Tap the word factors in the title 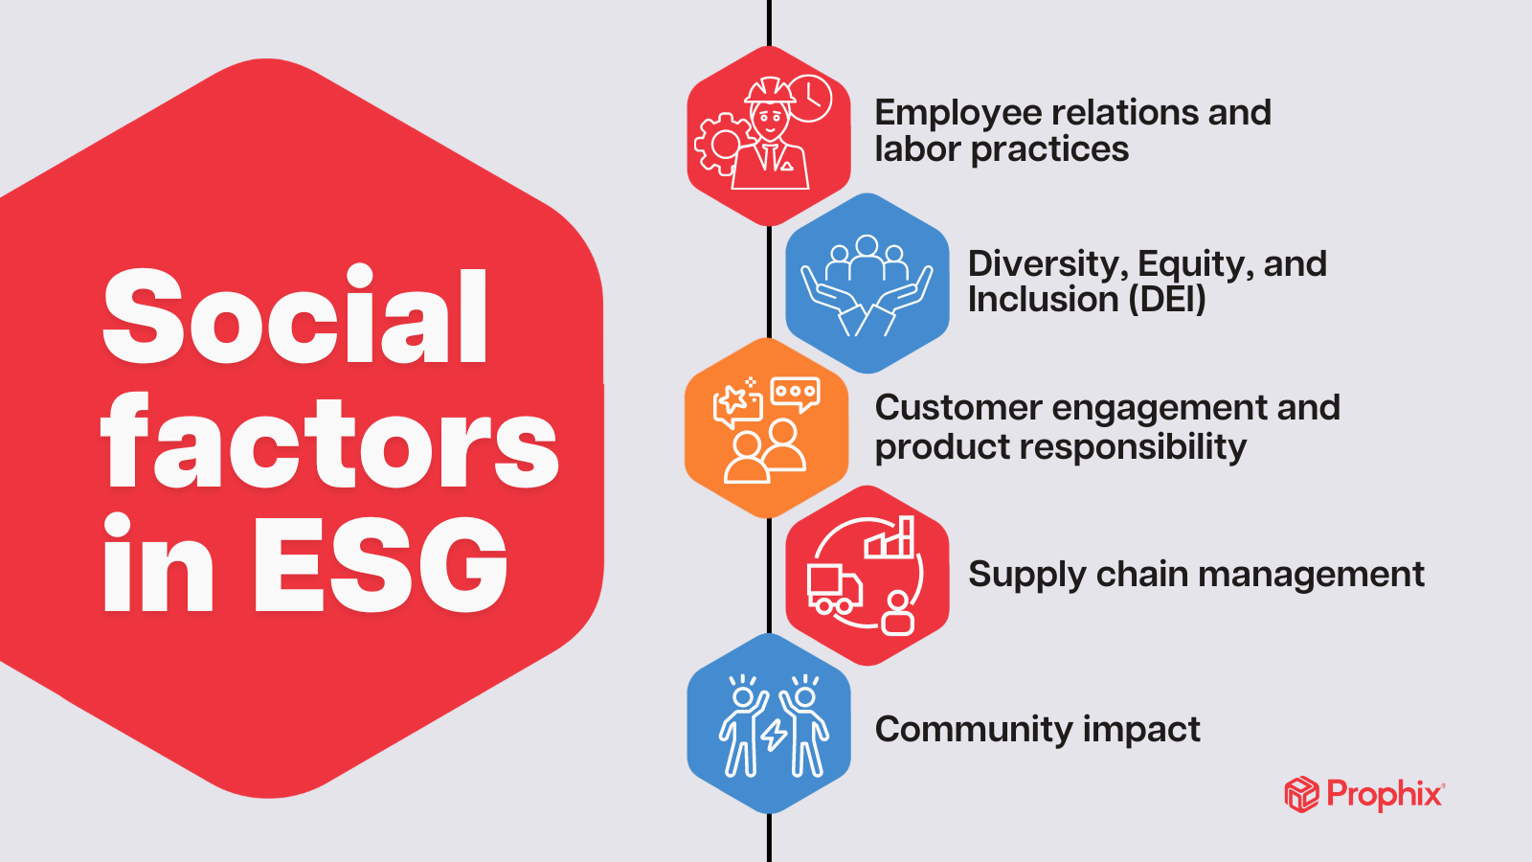pos(329,442)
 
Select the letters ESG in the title pos(380,564)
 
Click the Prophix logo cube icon pos(1301,795)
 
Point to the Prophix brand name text pos(1385,794)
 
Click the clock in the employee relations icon pos(811,98)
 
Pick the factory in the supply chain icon pos(890,539)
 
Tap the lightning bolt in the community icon pos(774,735)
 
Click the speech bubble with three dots pos(796,393)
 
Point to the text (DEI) pos(1167,300)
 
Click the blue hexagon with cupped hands pos(867,284)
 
